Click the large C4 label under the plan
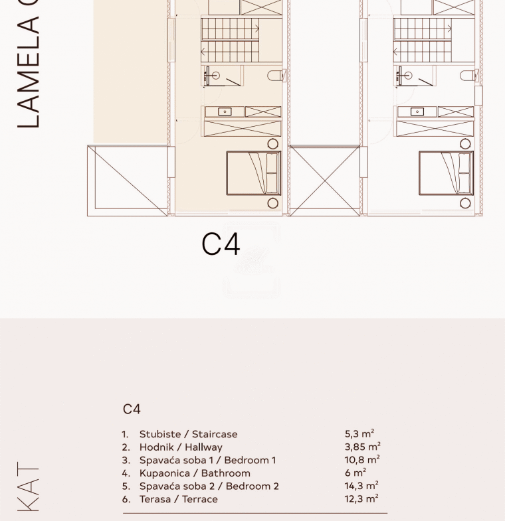coord(221,244)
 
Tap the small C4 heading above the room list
coord(132,409)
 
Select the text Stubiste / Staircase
coord(188,434)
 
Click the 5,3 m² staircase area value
coord(359,433)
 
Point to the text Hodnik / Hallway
coord(181,447)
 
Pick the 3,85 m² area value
coord(362,447)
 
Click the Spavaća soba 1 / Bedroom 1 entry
coord(207,460)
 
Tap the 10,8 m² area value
coord(362,459)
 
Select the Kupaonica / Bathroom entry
coord(195,473)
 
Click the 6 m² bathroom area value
coord(355,473)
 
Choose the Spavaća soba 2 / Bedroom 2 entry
coord(209,486)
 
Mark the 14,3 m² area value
coord(361,485)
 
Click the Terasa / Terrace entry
coord(178,499)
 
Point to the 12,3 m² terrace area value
coord(361,498)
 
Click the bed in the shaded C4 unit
coord(254,173)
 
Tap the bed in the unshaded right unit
coord(446,173)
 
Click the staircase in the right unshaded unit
coord(422,40)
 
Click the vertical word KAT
coord(29,486)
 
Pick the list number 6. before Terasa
coord(126,499)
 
